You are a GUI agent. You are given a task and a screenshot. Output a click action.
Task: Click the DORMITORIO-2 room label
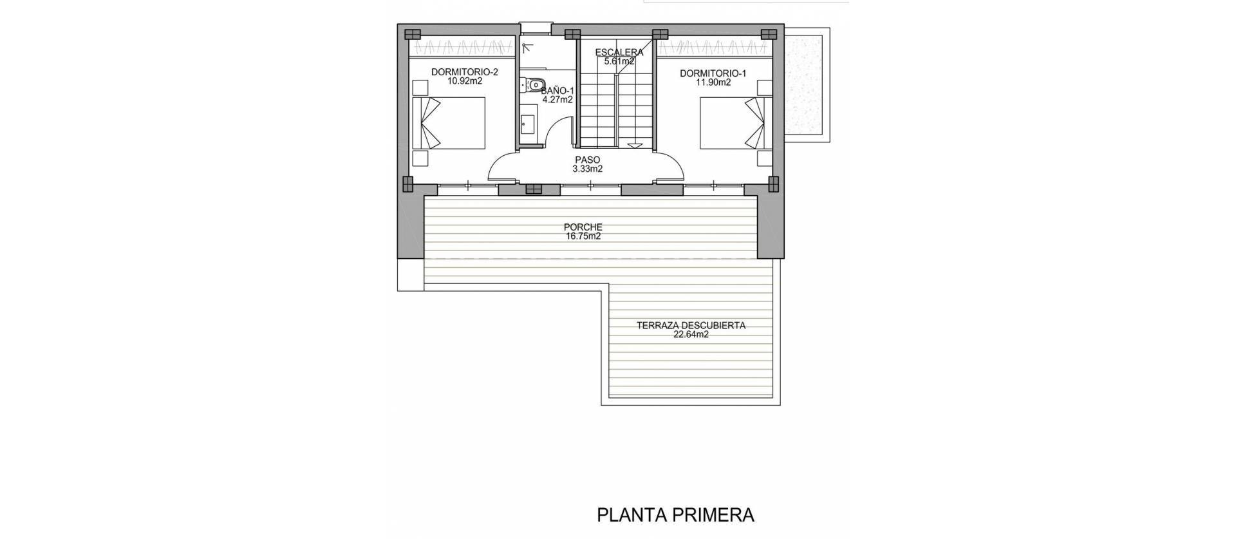[x=456, y=73]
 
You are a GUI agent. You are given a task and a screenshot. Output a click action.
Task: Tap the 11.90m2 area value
[x=713, y=82]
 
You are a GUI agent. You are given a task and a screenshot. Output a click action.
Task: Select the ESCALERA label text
[x=619, y=52]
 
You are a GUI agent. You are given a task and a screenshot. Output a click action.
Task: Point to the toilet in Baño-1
[x=534, y=84]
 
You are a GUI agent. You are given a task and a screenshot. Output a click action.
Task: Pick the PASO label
[x=587, y=160]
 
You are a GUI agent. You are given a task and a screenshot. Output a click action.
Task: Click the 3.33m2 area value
[x=587, y=169]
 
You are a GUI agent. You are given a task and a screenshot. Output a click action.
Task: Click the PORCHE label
[x=583, y=227]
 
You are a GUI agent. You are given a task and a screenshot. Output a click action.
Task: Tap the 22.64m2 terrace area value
[x=691, y=335]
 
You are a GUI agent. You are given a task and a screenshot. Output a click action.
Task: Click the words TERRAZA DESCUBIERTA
[x=691, y=325]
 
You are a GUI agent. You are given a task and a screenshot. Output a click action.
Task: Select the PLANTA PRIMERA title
[x=675, y=515]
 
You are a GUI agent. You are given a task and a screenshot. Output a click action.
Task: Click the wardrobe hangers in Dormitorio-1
[x=713, y=48]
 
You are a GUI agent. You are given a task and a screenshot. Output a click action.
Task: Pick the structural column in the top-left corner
[x=411, y=34]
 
